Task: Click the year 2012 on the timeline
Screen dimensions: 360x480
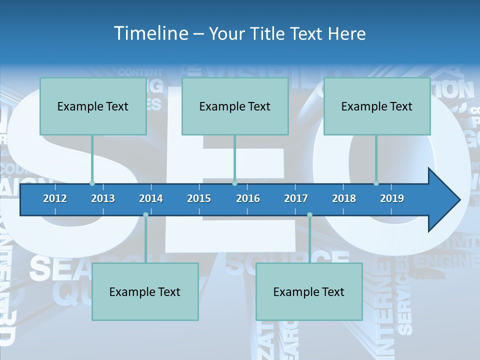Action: pos(55,198)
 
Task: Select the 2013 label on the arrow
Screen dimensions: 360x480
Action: pos(103,198)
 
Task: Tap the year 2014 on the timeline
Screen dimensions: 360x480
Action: pos(151,198)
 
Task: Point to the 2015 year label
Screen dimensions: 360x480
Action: pos(199,198)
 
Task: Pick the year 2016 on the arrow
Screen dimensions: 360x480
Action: pos(248,198)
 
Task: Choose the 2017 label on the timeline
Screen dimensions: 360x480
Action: pos(296,198)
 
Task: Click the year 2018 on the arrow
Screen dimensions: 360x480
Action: pos(344,198)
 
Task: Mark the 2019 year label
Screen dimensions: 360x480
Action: pos(392,198)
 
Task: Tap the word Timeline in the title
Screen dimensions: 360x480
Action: pos(150,33)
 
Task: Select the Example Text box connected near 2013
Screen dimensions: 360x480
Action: pos(93,106)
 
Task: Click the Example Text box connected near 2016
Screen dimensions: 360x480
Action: pos(235,106)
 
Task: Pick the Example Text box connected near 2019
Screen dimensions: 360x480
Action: pos(377,106)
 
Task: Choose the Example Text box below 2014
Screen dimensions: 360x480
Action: pos(145,291)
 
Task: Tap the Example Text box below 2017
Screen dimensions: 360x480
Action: pos(309,291)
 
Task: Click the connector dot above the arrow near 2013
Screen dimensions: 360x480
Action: pos(92,183)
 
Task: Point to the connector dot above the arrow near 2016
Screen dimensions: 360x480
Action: pos(235,183)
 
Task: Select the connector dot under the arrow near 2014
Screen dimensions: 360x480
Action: pos(145,215)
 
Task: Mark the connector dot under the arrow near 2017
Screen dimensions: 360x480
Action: pos(309,215)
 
